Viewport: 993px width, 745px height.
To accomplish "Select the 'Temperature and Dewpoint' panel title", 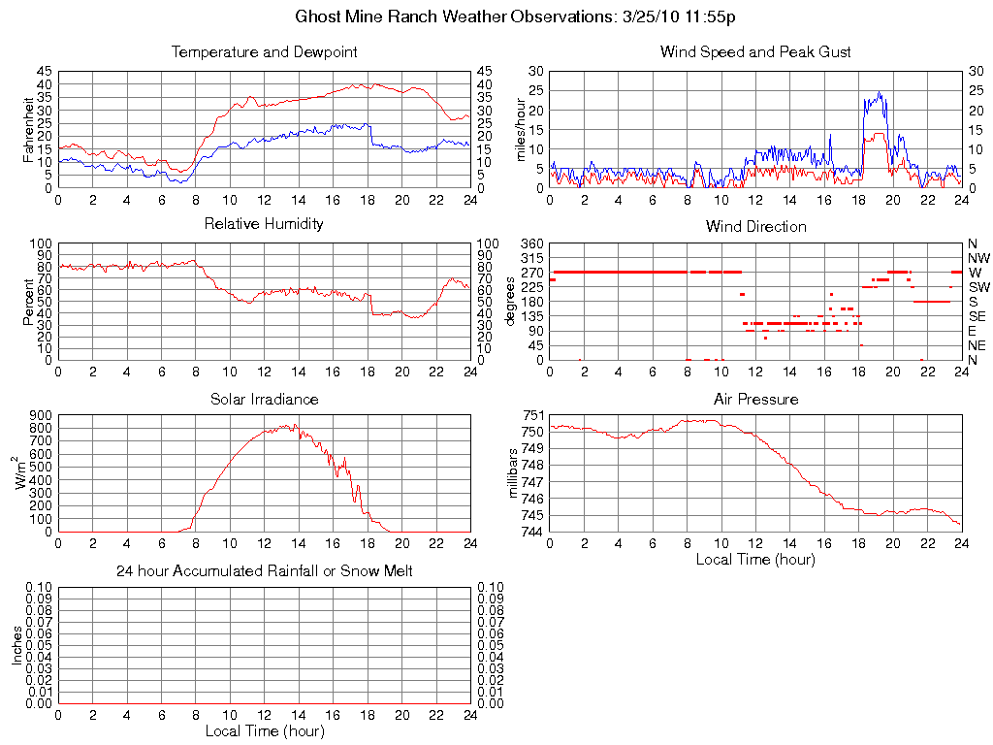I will pyautogui.click(x=265, y=52).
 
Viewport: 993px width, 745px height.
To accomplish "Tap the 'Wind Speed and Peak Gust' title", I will pyautogui.click(x=755, y=52).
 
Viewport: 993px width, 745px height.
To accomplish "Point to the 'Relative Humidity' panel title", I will pyautogui.click(x=265, y=224).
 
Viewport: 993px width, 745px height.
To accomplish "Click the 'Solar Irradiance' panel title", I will pyautogui.click(x=265, y=399).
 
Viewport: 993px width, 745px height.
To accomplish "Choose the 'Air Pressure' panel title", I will pyautogui.click(x=755, y=399).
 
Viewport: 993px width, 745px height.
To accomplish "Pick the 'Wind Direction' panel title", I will pyautogui.click(x=755, y=226).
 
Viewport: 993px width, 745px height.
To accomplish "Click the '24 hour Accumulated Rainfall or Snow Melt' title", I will pyautogui.click(x=265, y=571).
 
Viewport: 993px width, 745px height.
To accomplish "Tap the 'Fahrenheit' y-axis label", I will pyautogui.click(x=29, y=129).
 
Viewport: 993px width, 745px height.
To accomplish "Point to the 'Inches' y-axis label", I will pyautogui.click(x=16, y=644).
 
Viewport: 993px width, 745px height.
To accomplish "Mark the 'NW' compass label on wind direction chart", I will pyautogui.click(x=977, y=258).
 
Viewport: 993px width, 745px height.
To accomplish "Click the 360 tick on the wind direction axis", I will pyautogui.click(x=531, y=243).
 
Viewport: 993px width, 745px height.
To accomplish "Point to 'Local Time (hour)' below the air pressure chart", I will pyautogui.click(x=755, y=559).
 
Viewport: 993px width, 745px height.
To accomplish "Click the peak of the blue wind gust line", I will pyautogui.click(x=880, y=92).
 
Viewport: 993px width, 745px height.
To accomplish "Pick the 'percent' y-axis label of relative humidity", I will pyautogui.click(x=29, y=301).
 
